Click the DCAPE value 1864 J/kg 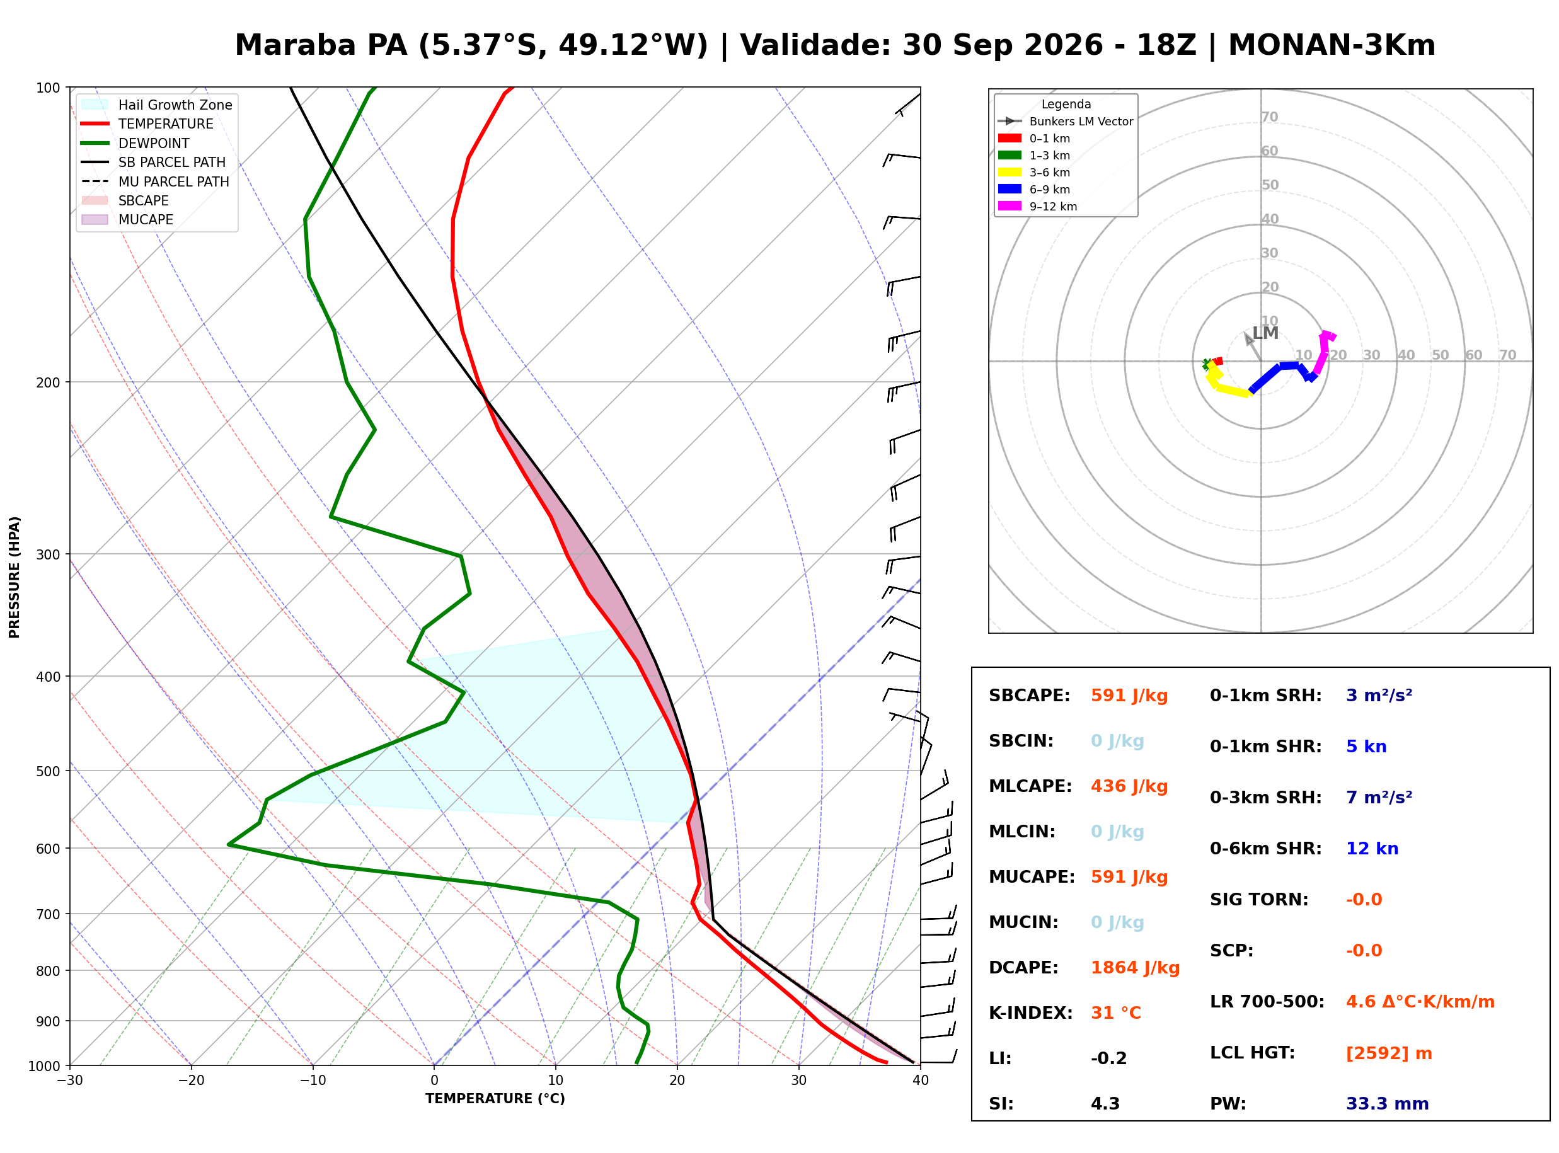click(x=1135, y=968)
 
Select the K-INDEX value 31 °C click(x=1116, y=1013)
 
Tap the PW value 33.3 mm click(x=1386, y=1104)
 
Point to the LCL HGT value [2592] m click(x=1389, y=1053)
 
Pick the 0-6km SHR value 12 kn click(x=1372, y=849)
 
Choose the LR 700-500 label click(x=1267, y=1002)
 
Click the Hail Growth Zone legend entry click(x=157, y=105)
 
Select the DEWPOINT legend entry click(x=135, y=143)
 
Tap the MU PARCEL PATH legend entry click(x=155, y=181)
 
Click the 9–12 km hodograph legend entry click(x=1037, y=207)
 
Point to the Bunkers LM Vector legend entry click(x=1065, y=122)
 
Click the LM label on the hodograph click(x=1265, y=334)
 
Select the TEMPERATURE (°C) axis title click(x=495, y=1099)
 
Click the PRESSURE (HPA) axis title click(x=14, y=577)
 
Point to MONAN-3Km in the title click(x=1332, y=45)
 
